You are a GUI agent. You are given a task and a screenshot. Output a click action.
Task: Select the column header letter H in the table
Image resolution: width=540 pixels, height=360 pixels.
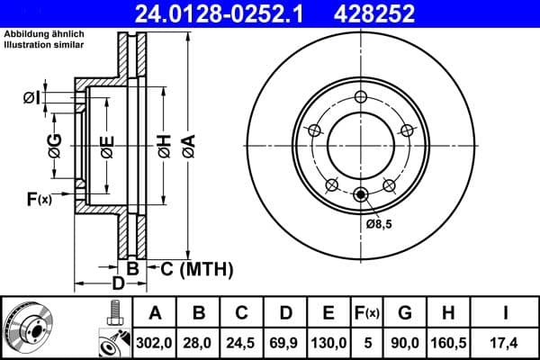coord(447,313)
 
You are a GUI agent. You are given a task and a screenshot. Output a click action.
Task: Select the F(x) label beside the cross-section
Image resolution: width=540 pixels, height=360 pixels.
coord(39,199)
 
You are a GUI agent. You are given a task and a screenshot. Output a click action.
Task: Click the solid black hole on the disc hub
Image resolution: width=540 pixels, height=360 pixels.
coord(361,193)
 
